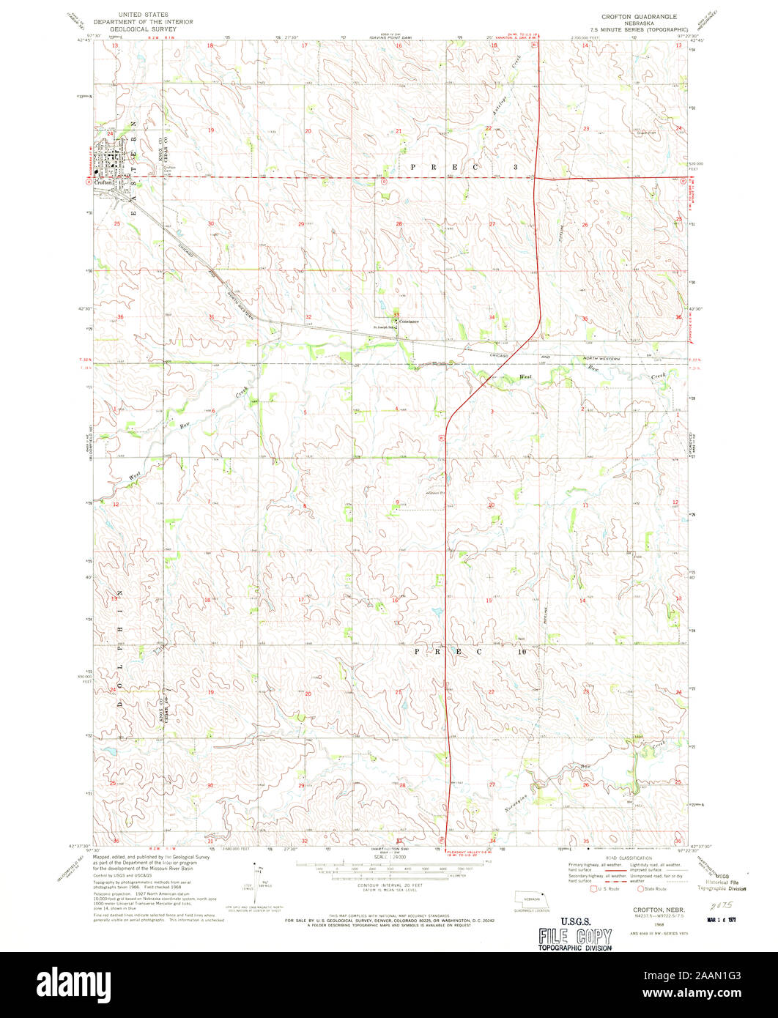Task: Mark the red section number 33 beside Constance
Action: (397, 315)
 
